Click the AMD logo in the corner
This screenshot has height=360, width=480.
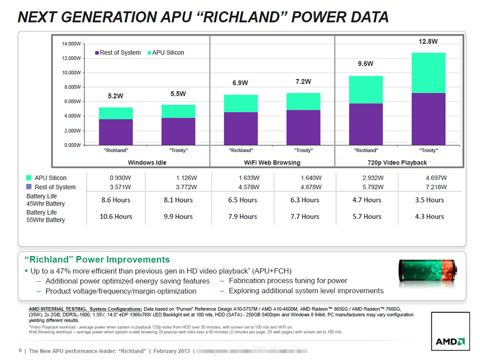point(450,341)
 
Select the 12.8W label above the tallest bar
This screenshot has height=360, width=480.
point(428,41)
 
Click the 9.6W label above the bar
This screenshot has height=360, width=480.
point(366,64)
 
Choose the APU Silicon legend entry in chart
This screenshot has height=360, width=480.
point(168,52)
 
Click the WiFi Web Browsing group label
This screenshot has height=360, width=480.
point(272,163)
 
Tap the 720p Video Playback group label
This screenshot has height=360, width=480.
point(397,163)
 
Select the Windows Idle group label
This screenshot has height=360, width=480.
point(147,163)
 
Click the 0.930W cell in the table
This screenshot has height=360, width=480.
point(120,178)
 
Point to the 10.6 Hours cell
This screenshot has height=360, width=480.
point(116,217)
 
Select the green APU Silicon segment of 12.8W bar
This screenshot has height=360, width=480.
point(428,73)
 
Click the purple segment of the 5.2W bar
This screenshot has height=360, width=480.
point(116,132)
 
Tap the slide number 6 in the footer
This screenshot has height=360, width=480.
point(20,351)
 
